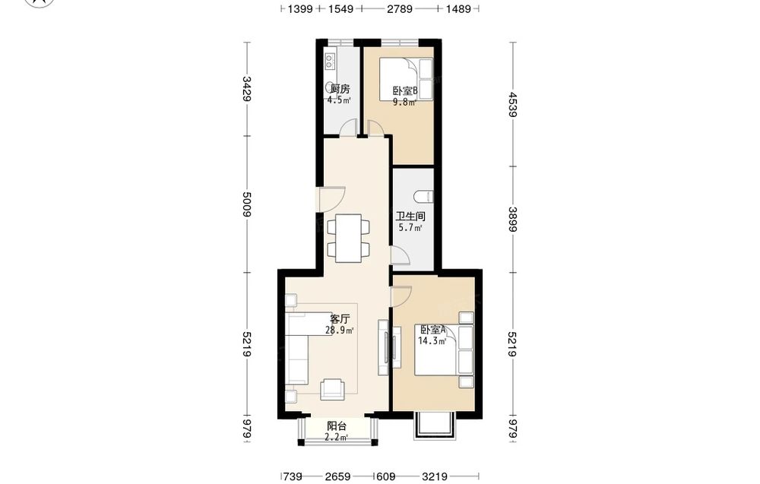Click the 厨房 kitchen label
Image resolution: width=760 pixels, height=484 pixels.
pyautogui.click(x=340, y=89)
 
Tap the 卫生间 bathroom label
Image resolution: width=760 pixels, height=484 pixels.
pyautogui.click(x=410, y=216)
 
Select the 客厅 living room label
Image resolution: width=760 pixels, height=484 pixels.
pyautogui.click(x=340, y=319)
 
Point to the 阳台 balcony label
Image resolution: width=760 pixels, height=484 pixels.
pyautogui.click(x=337, y=426)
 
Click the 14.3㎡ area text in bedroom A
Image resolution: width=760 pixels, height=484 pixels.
pyautogui.click(x=432, y=340)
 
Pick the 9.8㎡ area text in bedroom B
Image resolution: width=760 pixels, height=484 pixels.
pyautogui.click(x=404, y=102)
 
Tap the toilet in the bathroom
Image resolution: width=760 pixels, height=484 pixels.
pyautogui.click(x=424, y=196)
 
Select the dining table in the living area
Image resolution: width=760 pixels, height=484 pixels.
pyautogui.click(x=349, y=238)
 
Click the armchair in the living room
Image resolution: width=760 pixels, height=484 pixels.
pyautogui.click(x=333, y=389)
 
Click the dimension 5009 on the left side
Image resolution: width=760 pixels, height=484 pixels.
pyautogui.click(x=247, y=204)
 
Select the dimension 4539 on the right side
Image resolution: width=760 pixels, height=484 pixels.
pyautogui.click(x=513, y=104)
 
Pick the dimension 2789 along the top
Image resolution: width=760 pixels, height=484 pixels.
pyautogui.click(x=400, y=8)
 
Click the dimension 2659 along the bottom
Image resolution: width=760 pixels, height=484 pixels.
pyautogui.click(x=338, y=476)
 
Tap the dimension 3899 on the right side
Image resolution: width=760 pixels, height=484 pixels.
pyautogui.click(x=513, y=219)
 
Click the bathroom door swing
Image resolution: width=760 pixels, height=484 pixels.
pyautogui.click(x=401, y=255)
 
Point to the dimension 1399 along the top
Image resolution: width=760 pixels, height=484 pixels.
pyautogui.click(x=300, y=8)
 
